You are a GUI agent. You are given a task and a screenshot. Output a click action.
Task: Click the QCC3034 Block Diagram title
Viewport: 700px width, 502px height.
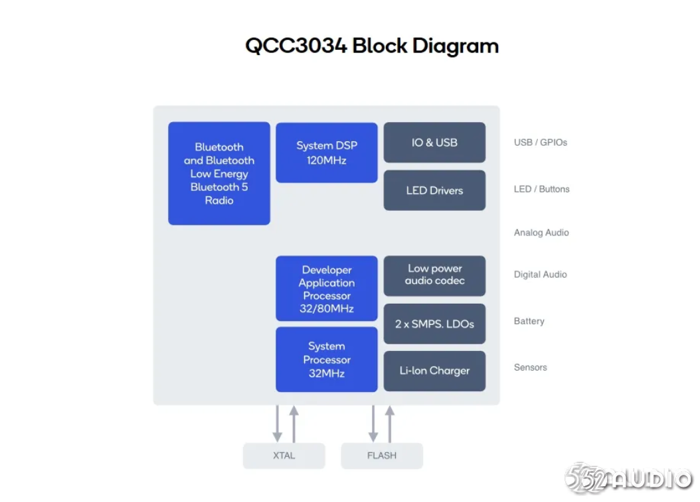(372, 46)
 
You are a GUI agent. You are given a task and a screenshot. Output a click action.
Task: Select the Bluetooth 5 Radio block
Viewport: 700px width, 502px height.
(219, 174)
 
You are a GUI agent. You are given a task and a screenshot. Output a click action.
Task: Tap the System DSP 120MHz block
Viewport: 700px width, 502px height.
(327, 153)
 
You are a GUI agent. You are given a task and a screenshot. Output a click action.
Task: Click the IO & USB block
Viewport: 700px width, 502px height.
(434, 143)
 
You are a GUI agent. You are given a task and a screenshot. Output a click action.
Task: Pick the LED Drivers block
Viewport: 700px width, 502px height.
(434, 190)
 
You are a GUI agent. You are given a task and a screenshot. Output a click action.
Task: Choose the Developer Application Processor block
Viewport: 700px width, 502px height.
(327, 288)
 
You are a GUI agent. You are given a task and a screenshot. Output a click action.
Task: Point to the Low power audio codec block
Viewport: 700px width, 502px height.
(434, 276)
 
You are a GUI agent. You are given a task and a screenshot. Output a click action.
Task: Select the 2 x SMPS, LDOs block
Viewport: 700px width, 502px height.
(434, 324)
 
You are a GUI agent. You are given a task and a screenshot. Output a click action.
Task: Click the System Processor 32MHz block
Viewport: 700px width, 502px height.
(327, 359)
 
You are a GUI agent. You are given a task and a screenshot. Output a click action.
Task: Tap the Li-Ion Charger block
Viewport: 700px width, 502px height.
(434, 371)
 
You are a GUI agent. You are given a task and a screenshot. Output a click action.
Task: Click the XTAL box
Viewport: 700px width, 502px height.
(284, 456)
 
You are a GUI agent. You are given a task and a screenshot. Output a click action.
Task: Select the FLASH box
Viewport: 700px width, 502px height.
(382, 456)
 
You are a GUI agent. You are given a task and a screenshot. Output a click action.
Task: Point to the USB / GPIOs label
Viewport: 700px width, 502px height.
(540, 143)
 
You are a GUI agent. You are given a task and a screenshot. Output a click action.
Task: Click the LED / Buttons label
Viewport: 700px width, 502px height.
(541, 189)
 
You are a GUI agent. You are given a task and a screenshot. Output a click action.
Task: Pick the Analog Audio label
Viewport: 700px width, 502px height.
(541, 233)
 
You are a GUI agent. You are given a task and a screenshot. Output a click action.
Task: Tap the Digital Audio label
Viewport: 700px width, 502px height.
(540, 275)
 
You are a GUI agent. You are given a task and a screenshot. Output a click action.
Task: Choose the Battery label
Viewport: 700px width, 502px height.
(529, 321)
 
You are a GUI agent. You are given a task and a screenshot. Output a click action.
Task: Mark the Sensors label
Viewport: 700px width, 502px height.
(531, 367)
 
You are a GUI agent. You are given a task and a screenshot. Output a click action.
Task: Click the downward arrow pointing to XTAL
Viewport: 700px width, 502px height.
(277, 424)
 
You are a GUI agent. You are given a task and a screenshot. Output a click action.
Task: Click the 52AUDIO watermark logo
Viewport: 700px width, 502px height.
(628, 478)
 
